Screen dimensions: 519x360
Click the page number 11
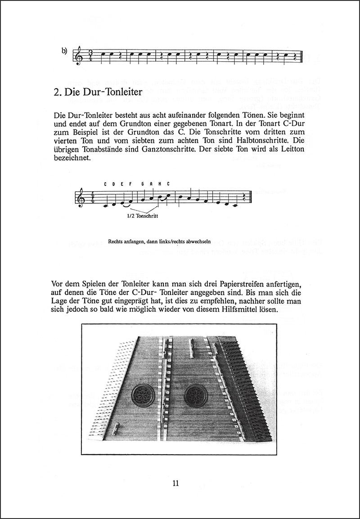click(x=175, y=484)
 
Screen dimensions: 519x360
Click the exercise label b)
click(x=64, y=51)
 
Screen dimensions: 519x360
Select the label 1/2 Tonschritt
click(x=142, y=215)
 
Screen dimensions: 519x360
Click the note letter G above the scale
click(x=142, y=184)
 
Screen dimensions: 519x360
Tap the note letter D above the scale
click(x=113, y=184)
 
